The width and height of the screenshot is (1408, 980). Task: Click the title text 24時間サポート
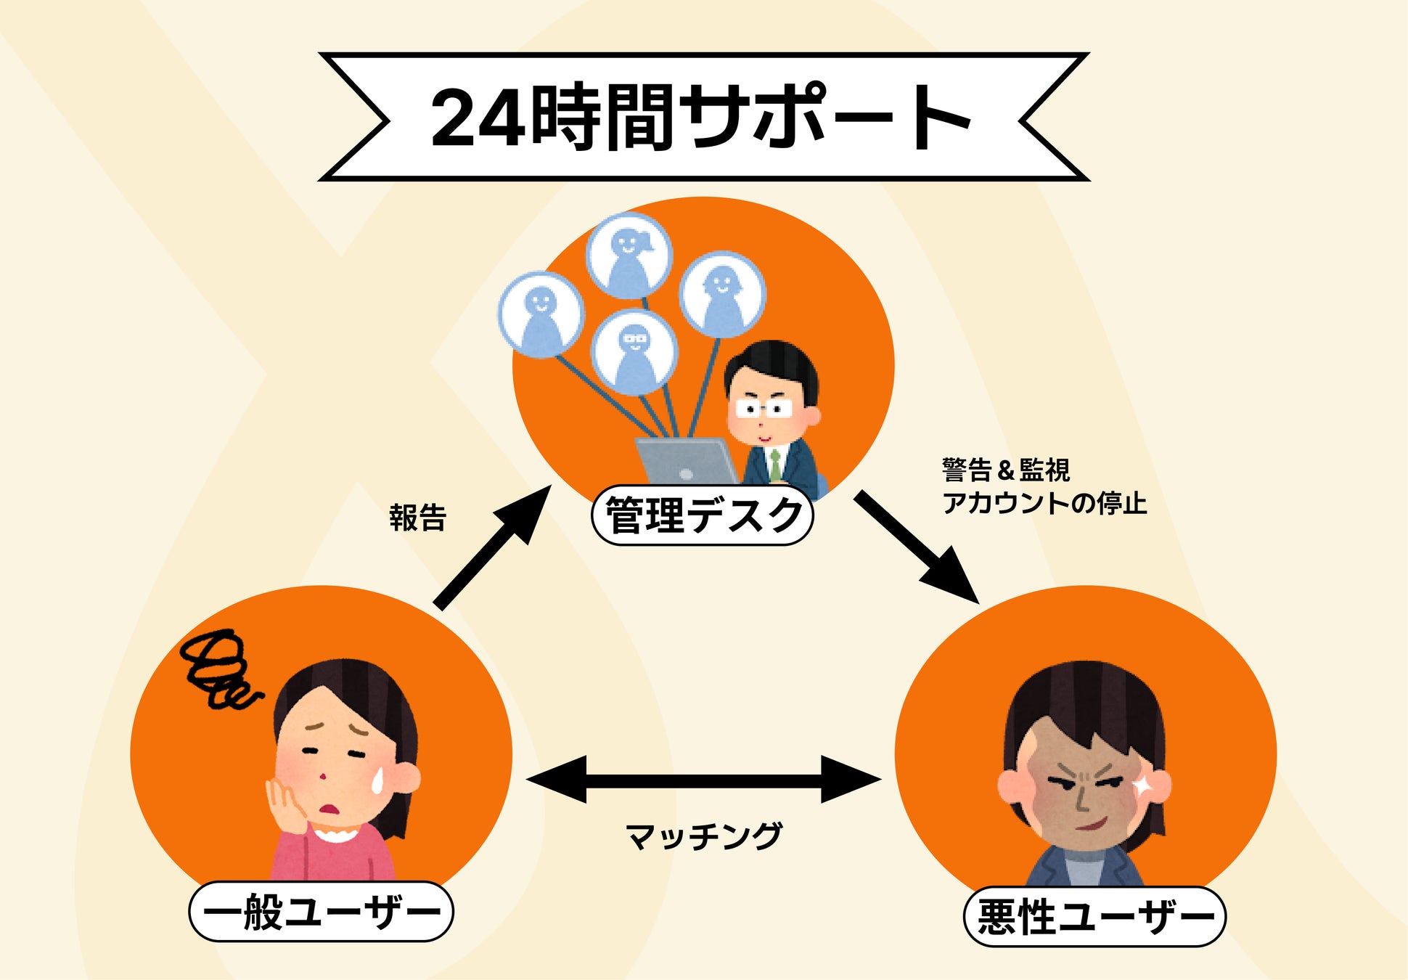701,117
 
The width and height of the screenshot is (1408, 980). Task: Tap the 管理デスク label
703,516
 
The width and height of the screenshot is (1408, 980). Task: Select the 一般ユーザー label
321,912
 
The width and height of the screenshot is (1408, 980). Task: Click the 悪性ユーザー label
1094,917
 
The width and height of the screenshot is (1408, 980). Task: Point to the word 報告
417,518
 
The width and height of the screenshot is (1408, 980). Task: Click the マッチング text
703,836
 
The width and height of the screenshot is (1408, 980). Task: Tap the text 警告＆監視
1005,470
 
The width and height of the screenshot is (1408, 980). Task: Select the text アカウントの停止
1044,503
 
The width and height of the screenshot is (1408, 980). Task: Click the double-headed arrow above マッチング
703,780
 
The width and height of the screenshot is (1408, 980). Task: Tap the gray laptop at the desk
686,461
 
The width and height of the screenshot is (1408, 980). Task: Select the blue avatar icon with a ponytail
629,256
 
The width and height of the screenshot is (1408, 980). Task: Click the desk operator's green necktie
776,465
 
